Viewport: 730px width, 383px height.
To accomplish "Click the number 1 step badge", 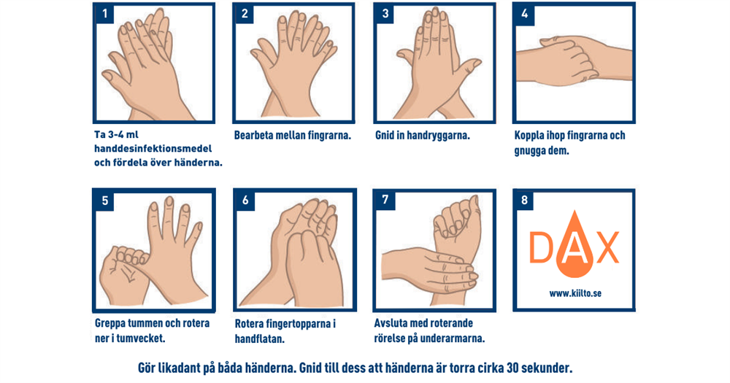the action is (x=104, y=13).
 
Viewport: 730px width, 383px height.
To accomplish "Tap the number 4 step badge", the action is (x=524, y=13).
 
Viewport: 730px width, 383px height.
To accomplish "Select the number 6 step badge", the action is (x=245, y=201).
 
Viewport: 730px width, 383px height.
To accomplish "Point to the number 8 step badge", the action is (x=524, y=200).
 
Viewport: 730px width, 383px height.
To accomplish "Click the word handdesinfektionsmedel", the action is (x=153, y=149).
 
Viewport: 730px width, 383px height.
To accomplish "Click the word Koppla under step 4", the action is (x=529, y=136).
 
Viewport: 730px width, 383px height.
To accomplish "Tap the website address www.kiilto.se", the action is (x=575, y=294).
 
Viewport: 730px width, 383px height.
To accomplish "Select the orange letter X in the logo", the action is (x=607, y=247).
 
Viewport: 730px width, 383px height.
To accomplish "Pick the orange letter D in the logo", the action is (x=540, y=247).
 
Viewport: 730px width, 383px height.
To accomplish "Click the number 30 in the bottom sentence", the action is (x=512, y=368).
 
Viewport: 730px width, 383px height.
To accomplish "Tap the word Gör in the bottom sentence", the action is (x=147, y=368).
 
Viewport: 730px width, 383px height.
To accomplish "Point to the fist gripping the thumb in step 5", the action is (x=123, y=272).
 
